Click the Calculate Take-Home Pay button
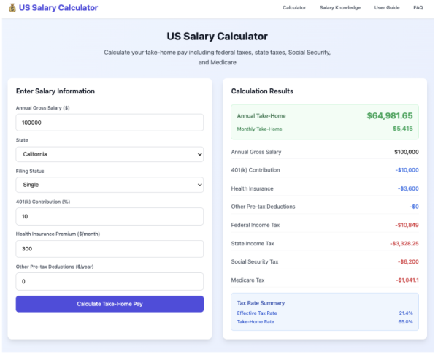(109, 304)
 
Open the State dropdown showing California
(109, 154)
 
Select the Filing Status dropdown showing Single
(109, 185)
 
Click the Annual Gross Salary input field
(109, 123)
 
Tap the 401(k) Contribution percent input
(109, 216)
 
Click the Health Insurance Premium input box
(109, 249)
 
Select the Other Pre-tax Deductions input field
(109, 281)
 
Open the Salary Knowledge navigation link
(340, 7)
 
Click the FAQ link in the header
(418, 7)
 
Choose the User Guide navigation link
(387, 7)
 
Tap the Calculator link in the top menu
(294, 7)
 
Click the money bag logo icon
(12, 8)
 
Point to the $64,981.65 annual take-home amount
(390, 115)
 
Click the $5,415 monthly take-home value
(403, 129)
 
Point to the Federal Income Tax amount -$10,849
(407, 225)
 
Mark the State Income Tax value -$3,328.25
(404, 243)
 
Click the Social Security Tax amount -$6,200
(408, 261)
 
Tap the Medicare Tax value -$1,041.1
(407, 280)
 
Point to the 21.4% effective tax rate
(406, 313)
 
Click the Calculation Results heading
(262, 91)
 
